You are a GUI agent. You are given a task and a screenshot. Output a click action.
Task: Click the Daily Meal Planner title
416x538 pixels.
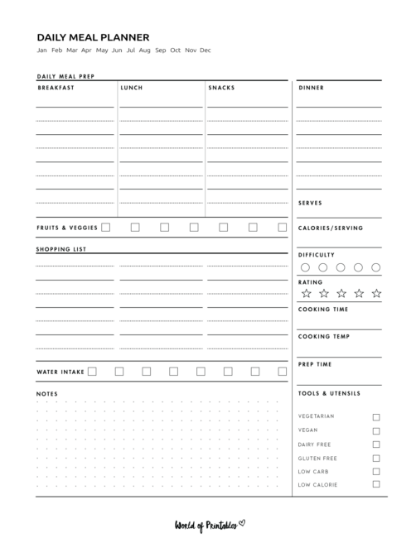[x=93, y=37]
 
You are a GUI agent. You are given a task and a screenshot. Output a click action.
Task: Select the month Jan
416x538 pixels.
[x=41, y=50]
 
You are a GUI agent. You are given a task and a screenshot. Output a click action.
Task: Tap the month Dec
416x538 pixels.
[x=206, y=50]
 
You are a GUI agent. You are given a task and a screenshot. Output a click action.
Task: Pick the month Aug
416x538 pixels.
[x=145, y=50]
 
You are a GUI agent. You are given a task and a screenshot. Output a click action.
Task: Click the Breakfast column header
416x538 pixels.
[x=56, y=88]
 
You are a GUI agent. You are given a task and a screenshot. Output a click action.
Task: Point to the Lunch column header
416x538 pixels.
[x=131, y=88]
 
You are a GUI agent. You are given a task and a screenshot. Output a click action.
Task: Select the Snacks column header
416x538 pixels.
[x=221, y=88]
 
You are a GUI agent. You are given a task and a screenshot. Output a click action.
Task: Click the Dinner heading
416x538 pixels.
[x=311, y=88]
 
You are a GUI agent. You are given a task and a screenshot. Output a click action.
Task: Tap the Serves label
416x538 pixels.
[x=310, y=203]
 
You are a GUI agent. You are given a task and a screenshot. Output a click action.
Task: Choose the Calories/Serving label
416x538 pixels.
[x=330, y=228]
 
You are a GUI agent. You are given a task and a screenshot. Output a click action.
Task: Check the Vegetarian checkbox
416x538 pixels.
[x=376, y=417]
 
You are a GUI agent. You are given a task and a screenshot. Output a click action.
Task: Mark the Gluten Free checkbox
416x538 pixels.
[x=376, y=458]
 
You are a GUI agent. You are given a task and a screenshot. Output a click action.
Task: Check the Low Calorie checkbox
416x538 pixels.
[x=376, y=484]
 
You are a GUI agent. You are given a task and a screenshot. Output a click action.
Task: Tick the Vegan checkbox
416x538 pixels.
[x=376, y=430]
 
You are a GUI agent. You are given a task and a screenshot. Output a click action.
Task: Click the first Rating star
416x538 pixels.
[x=306, y=293]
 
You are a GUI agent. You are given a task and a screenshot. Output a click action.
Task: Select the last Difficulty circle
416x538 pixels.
[x=376, y=267]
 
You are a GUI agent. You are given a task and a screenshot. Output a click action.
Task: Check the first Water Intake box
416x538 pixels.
[x=92, y=372]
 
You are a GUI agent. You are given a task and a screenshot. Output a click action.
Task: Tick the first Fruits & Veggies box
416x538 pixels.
[x=106, y=228]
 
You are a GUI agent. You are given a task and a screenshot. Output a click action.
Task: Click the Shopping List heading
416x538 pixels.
[x=60, y=249]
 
